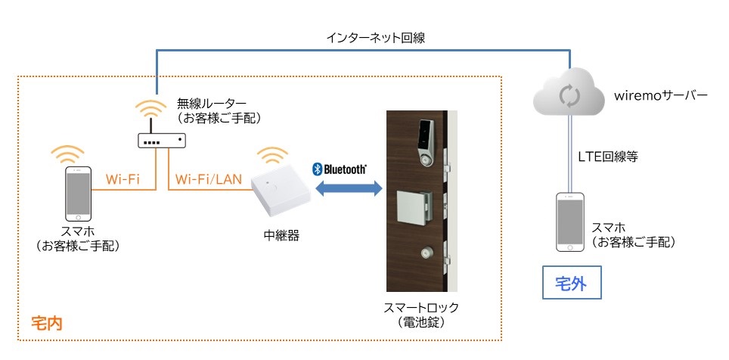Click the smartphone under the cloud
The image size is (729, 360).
pos(569,222)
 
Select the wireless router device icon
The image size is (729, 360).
pos(160,141)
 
